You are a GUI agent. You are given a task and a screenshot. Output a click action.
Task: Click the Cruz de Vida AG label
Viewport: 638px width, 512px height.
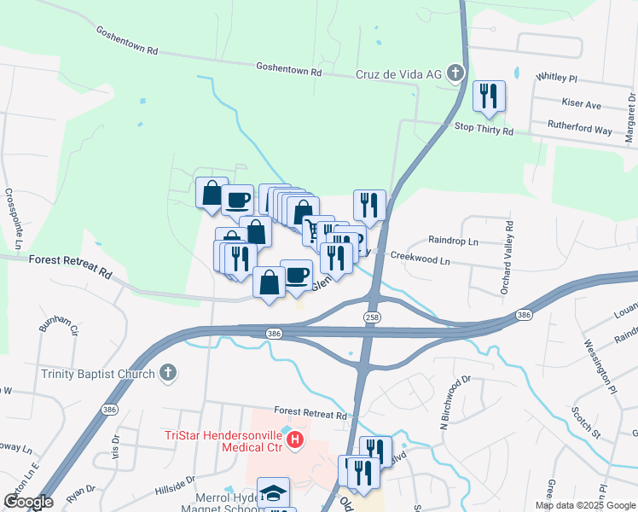(x=398, y=74)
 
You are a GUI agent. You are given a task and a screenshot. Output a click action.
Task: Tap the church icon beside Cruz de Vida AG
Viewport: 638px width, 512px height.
(x=456, y=73)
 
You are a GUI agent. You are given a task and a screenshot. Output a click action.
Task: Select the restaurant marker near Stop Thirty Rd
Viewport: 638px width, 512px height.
(x=488, y=96)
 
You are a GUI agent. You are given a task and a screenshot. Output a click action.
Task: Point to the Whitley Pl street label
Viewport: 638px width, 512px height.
(x=556, y=78)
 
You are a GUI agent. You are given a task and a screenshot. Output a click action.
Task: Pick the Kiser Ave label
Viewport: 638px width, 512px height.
(x=582, y=104)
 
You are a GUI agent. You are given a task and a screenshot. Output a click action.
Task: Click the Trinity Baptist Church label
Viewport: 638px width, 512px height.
(x=98, y=373)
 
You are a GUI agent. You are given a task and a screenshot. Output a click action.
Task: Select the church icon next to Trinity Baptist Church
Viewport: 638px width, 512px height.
(x=169, y=373)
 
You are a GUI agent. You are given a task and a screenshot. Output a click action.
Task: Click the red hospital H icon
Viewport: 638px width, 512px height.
(x=294, y=440)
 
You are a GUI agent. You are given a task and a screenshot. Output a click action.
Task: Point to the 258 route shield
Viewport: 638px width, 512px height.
(x=372, y=317)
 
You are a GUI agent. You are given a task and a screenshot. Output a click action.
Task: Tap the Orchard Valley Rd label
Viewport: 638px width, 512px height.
(x=508, y=259)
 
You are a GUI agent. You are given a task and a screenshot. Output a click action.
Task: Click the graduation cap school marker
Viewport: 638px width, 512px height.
(x=273, y=492)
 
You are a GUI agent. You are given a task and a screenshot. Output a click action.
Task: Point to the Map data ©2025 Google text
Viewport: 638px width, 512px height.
(x=584, y=504)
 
